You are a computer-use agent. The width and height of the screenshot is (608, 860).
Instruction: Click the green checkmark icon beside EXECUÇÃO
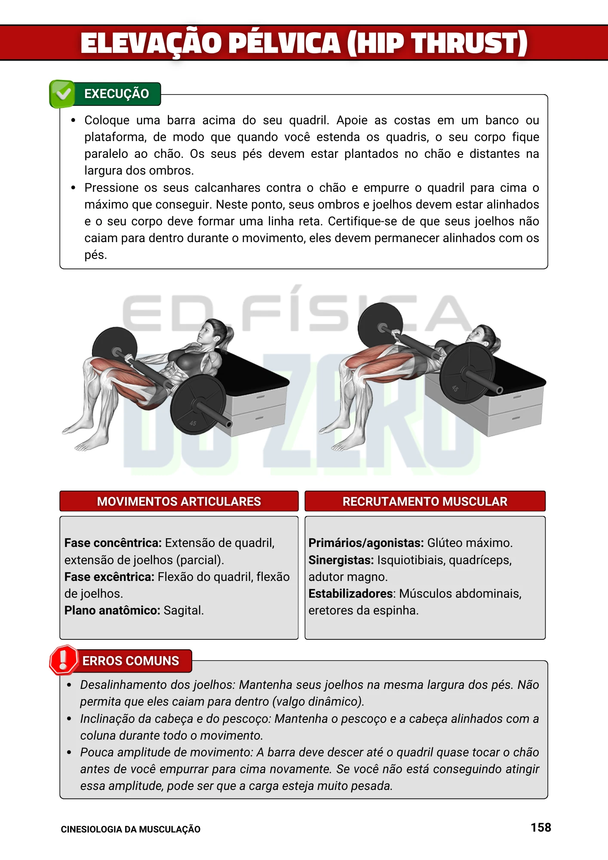63,93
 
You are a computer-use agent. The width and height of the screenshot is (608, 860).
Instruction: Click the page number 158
540,827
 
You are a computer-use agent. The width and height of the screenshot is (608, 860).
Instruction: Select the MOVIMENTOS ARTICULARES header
179,501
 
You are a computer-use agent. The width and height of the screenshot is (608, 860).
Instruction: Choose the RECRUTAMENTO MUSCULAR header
425,501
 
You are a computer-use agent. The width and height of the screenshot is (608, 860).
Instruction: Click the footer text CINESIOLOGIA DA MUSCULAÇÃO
130,829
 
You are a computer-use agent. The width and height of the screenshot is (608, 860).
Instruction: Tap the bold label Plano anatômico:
112,610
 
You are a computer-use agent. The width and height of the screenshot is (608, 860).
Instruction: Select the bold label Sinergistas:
341,560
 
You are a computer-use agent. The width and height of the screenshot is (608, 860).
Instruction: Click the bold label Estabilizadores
350,593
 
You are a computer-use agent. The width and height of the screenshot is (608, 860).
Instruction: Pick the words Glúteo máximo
470,543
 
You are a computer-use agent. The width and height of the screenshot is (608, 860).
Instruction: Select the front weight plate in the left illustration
198,404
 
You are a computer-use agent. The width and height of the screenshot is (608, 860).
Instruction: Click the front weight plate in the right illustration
467,372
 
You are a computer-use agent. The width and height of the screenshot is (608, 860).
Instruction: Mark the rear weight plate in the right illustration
380,324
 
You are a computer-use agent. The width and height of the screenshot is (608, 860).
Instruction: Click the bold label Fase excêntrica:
109,577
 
